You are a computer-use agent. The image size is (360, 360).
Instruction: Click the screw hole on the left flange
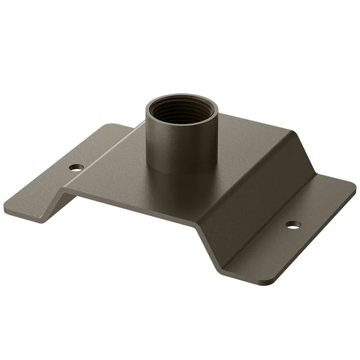point(76,167)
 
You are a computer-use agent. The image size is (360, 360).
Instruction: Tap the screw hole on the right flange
point(293,224)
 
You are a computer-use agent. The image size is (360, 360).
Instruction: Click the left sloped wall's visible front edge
point(61,200)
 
